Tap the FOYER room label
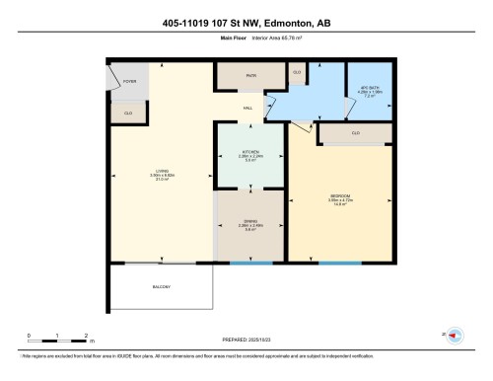(128, 81)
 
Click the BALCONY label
(161, 287)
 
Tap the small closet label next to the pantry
(297, 73)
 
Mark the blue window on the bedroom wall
(340, 264)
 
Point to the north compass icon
(456, 337)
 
